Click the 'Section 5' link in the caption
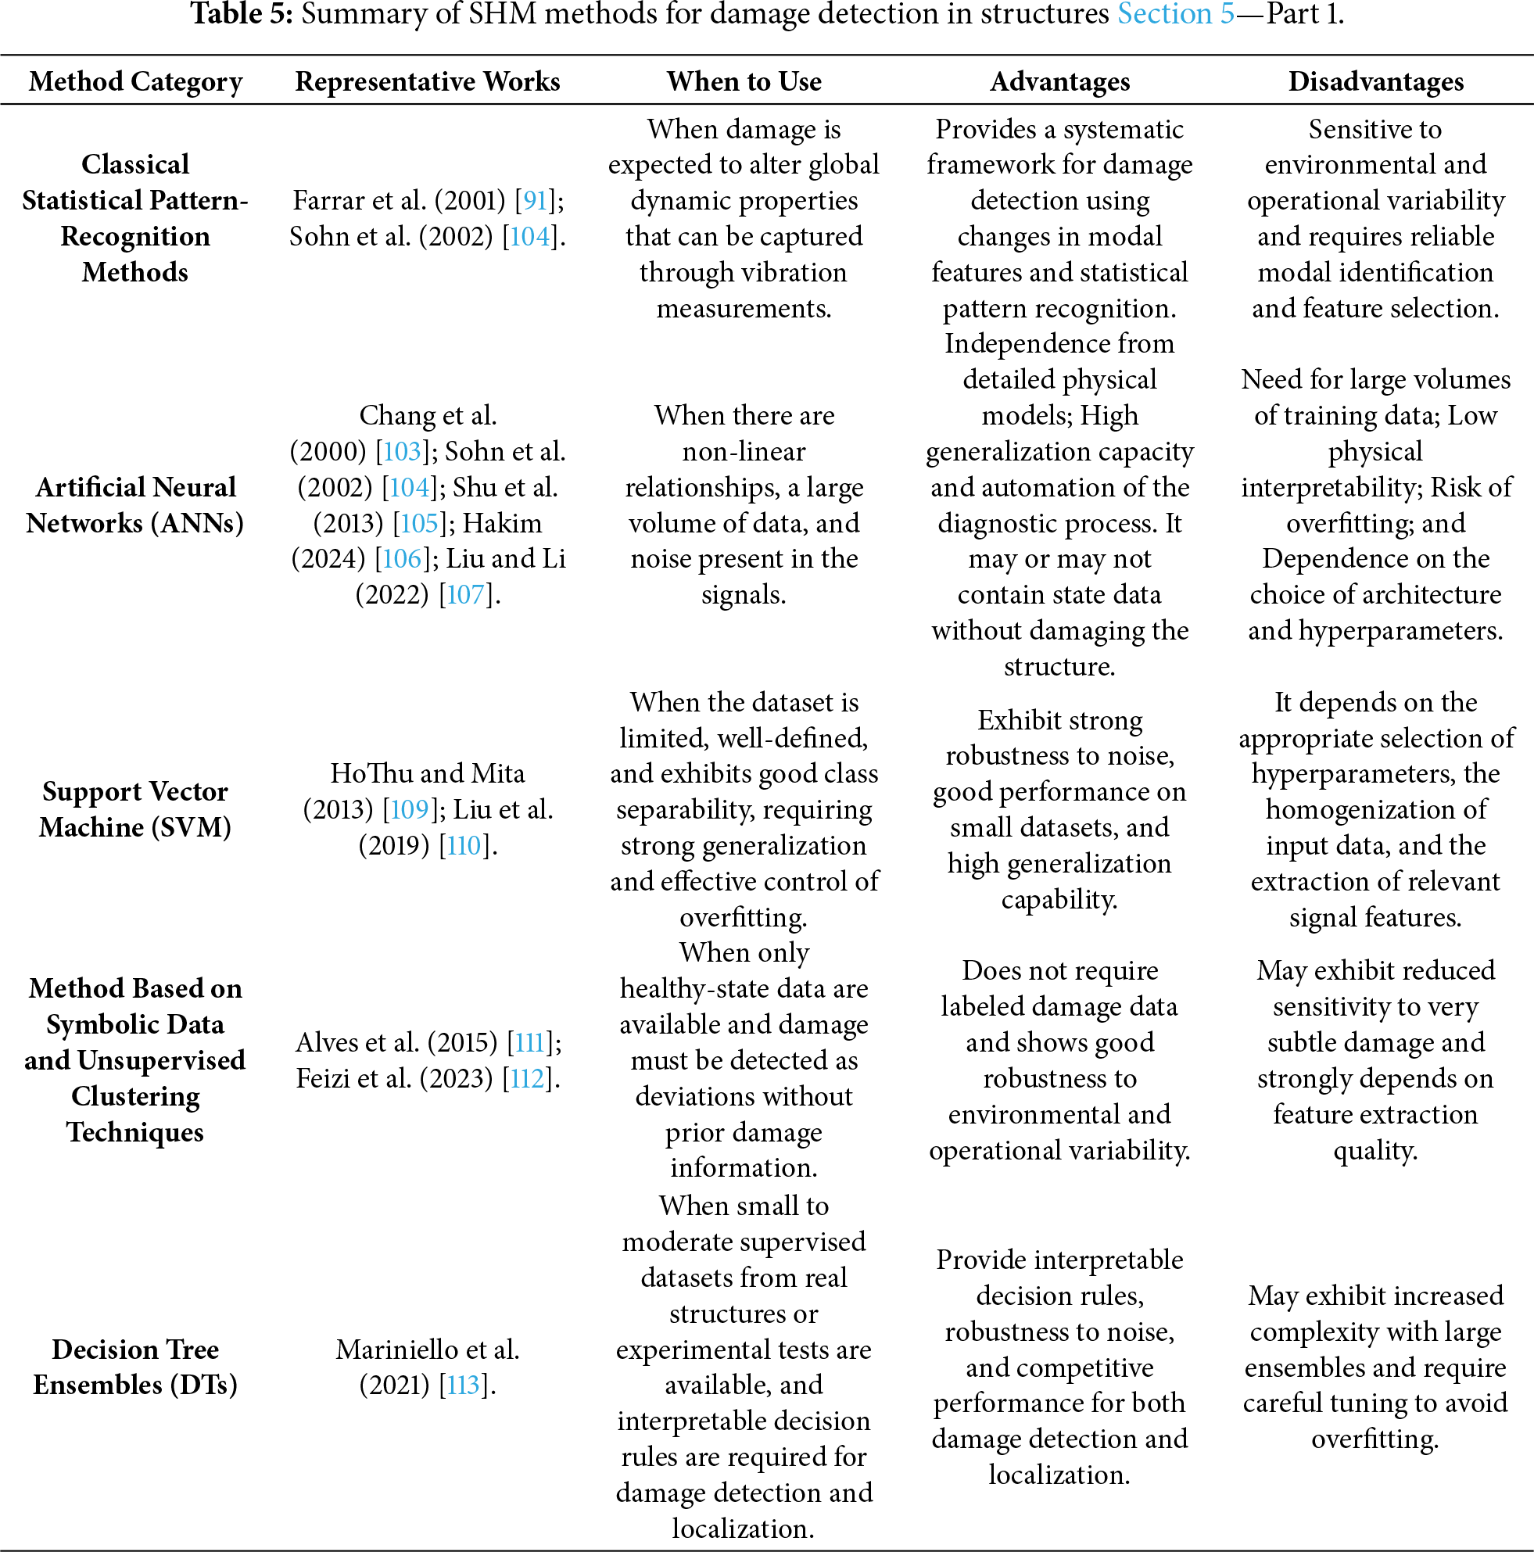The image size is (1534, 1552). pos(1175,14)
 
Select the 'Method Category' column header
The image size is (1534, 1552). pos(136,82)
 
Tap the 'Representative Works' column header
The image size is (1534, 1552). pos(427,82)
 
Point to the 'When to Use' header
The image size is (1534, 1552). pos(744,82)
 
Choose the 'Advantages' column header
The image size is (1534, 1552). pos(1059,82)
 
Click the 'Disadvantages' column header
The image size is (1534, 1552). pos(1376,82)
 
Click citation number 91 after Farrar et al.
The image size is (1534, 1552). pos(535,200)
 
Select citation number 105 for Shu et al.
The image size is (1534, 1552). pos(419,524)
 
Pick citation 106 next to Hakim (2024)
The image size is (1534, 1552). pos(402,559)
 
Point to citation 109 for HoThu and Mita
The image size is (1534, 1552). pos(410,810)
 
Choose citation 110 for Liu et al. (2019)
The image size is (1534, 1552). pos(464,846)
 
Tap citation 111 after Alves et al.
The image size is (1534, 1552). pos(529,1043)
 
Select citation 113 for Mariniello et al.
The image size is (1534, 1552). pos(464,1385)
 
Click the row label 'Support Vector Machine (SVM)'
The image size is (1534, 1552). pos(136,810)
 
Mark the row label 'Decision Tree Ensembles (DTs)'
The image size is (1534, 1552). pos(136,1367)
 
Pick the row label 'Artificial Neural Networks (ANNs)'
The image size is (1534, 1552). pos(136,505)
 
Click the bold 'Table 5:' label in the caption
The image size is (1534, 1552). pos(242,14)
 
